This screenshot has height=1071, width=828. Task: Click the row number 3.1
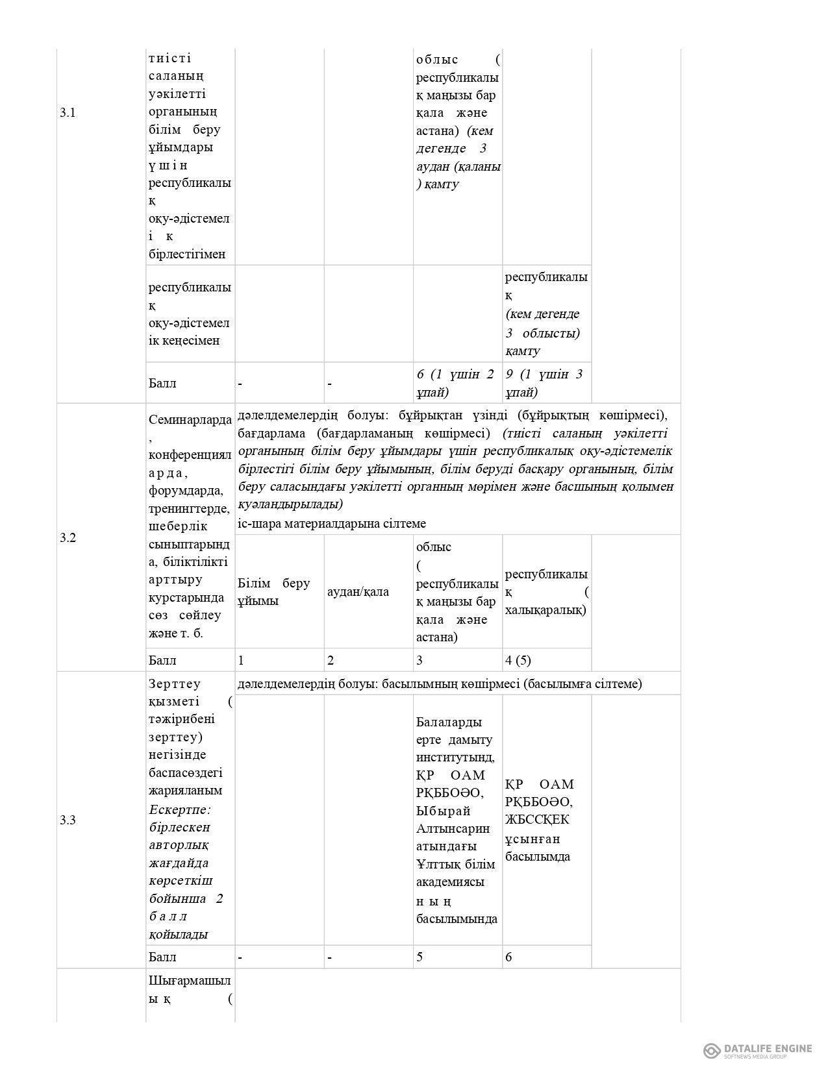(x=68, y=112)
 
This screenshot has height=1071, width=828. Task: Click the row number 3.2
(x=68, y=537)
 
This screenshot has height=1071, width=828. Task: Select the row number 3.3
(x=68, y=820)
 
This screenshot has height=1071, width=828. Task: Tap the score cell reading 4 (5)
(x=518, y=660)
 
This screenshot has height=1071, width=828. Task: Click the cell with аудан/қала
(x=358, y=591)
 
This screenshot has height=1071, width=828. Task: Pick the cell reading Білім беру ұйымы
(x=273, y=591)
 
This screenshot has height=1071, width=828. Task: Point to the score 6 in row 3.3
(x=508, y=957)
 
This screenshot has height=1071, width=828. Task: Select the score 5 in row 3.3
(x=420, y=957)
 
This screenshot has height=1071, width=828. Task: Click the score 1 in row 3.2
(x=241, y=660)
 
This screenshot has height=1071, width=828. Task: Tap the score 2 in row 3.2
(x=331, y=660)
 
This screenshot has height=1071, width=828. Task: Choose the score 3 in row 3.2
(x=420, y=660)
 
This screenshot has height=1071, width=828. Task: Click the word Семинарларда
(x=189, y=419)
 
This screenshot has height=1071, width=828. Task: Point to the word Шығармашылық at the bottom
(x=189, y=979)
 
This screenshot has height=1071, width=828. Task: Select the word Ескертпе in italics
(x=179, y=809)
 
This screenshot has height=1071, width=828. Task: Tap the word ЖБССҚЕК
(x=537, y=820)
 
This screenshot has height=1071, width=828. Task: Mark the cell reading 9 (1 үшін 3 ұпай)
(x=544, y=383)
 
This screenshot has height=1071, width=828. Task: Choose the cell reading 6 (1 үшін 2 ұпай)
(x=455, y=383)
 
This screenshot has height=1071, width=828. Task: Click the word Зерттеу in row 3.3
(x=175, y=683)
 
